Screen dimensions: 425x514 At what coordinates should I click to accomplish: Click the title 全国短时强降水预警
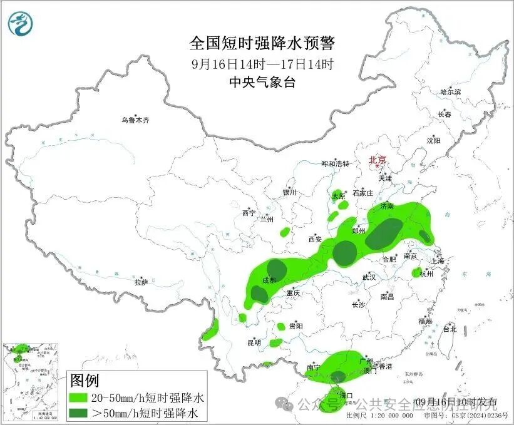click(262, 43)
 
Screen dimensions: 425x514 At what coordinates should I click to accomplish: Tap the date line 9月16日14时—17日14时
click(262, 64)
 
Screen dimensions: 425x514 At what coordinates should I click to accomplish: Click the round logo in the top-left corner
click(21, 24)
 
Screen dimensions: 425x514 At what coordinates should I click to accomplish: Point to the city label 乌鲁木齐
click(136, 120)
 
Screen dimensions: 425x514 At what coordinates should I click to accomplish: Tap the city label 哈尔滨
click(450, 92)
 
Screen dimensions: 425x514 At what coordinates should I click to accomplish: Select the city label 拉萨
click(141, 282)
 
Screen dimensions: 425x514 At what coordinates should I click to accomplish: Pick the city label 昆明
click(254, 342)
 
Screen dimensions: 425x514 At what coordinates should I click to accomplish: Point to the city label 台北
click(450, 328)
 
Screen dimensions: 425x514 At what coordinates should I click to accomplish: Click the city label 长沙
click(358, 305)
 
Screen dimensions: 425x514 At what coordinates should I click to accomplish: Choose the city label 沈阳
click(433, 140)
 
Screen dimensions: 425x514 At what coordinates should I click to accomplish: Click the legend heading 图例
click(85, 380)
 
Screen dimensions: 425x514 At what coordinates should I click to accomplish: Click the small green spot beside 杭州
click(416, 272)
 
